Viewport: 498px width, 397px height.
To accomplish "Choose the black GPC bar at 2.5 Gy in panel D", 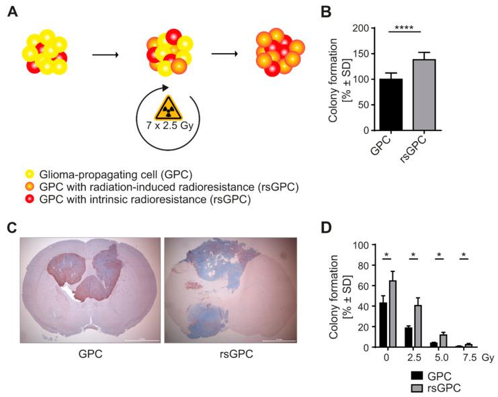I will (408, 337).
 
